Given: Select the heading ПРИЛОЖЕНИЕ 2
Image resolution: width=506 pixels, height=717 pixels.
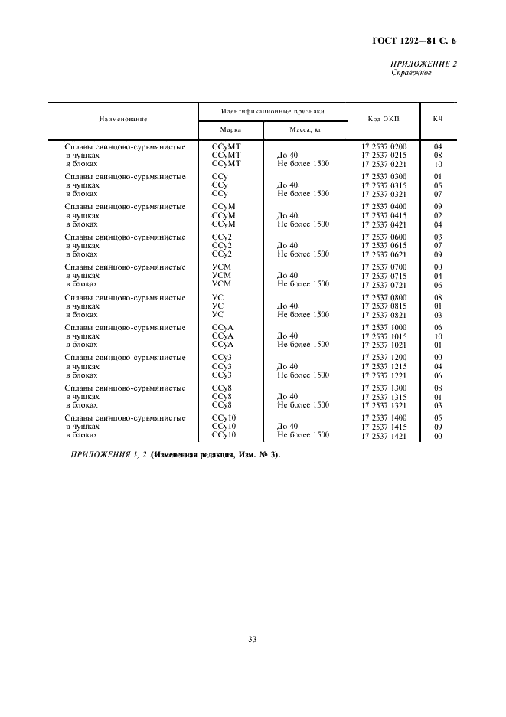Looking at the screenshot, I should [423, 64].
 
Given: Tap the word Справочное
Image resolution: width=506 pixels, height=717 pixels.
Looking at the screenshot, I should [412, 74].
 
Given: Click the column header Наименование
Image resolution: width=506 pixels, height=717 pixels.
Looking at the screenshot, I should [122, 120].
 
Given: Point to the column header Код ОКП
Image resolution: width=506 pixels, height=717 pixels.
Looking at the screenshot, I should [384, 120].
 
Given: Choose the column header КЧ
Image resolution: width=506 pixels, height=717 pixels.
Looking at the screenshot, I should [439, 120].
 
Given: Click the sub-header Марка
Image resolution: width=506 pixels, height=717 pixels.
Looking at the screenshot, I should [230, 130].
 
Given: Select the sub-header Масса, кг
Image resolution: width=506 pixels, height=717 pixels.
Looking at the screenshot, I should [305, 130].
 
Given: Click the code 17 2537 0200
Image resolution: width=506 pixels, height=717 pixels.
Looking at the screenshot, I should [384, 146].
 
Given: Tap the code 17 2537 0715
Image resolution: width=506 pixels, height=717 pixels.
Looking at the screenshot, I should [384, 276].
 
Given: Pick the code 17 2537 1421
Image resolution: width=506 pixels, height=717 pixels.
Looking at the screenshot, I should [384, 436].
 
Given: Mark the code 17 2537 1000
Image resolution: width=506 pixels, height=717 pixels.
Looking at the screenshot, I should [384, 327].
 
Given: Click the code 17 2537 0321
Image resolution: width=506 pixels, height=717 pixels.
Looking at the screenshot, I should [384, 194].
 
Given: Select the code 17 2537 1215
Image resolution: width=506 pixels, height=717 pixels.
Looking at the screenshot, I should [384, 366].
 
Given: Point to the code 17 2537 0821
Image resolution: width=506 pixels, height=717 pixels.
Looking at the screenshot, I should [384, 315].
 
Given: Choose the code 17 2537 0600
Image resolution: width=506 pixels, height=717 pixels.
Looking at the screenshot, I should [384, 237].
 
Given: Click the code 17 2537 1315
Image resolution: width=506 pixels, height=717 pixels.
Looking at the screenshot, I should [384, 397].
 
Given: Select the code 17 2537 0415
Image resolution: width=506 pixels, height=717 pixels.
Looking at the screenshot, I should [384, 216].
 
